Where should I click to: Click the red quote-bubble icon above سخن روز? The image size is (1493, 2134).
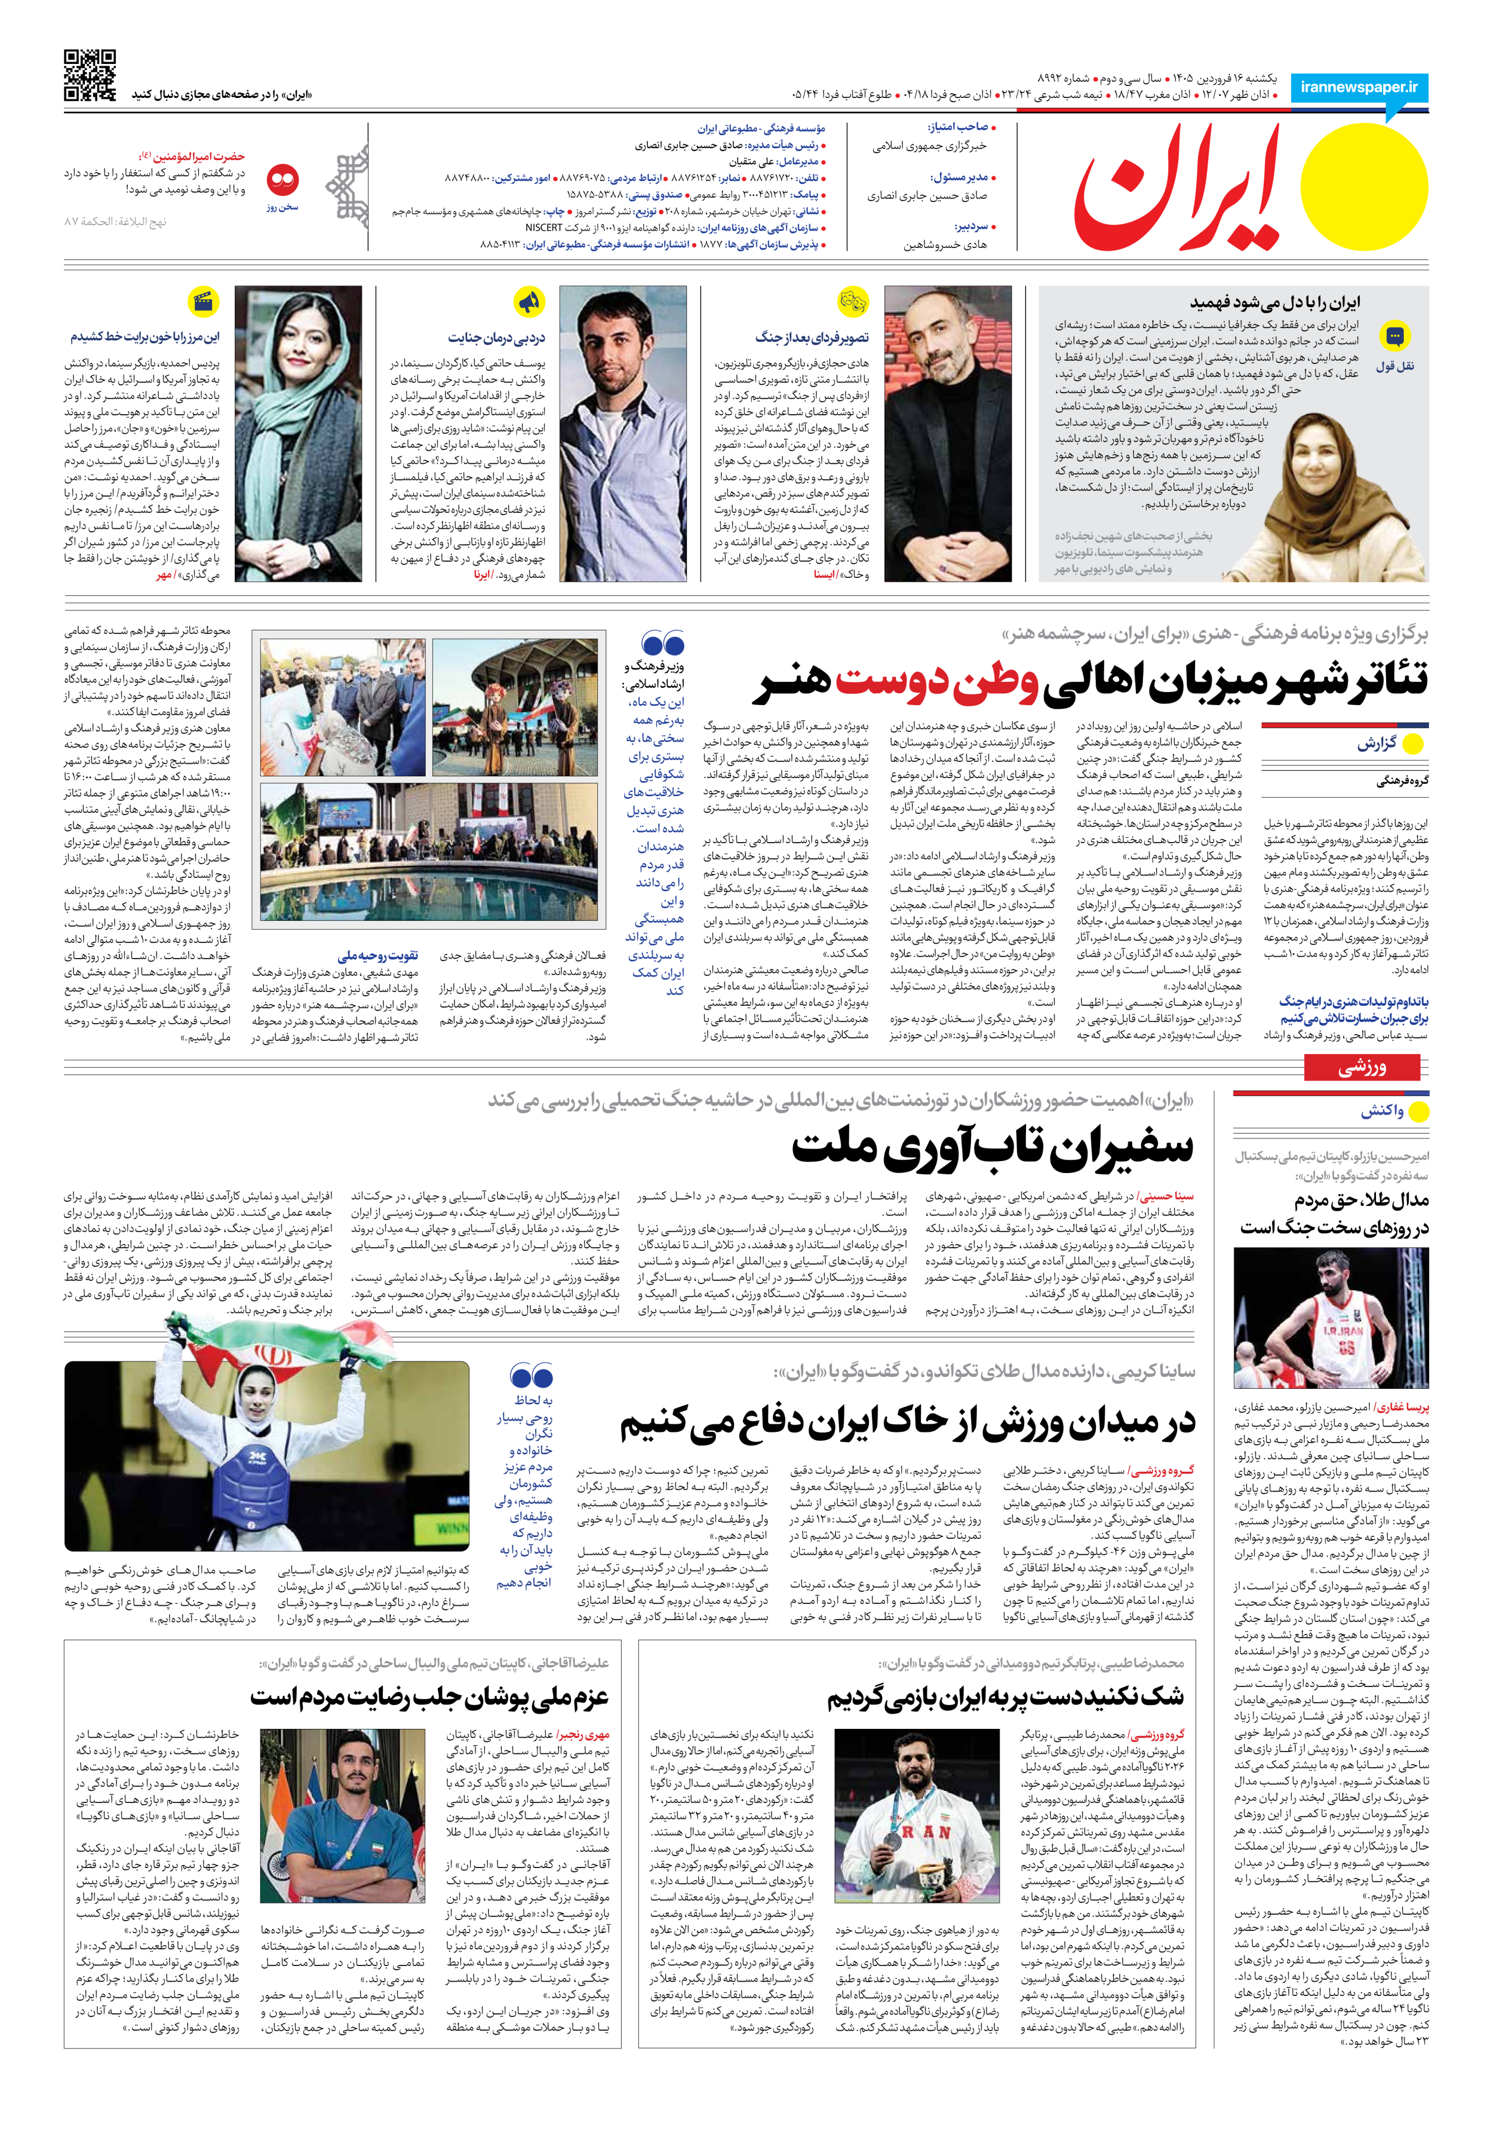[282, 179]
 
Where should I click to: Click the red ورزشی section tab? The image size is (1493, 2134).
[1362, 1068]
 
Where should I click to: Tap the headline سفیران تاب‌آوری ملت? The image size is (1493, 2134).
[991, 1149]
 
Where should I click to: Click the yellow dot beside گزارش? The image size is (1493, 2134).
[1412, 743]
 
